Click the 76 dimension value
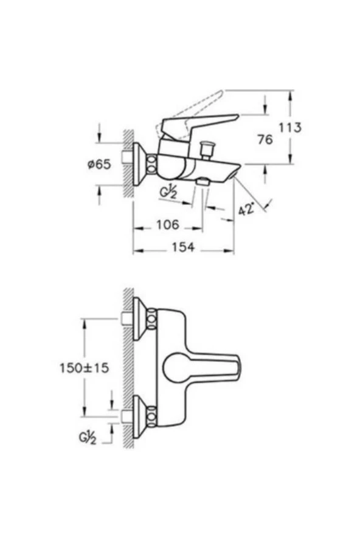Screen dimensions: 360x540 coord(264,139)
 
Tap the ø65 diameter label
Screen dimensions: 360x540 coord(99,164)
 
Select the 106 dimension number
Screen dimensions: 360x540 coord(167,224)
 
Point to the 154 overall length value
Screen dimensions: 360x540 coord(182,247)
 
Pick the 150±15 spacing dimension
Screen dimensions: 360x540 coord(85,367)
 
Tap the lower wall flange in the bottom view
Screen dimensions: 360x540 coord(139,415)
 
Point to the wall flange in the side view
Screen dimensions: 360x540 coord(139,164)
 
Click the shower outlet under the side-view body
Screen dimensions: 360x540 coord(202,182)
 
